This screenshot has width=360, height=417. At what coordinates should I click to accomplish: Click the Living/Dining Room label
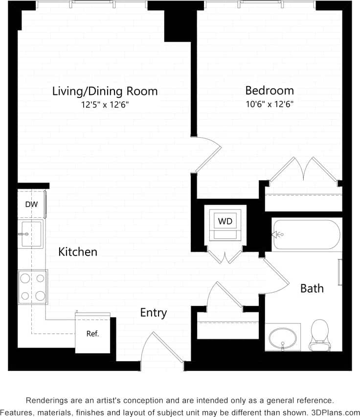[105, 91]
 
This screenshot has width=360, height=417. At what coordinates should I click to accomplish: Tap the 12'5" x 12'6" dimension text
[105, 104]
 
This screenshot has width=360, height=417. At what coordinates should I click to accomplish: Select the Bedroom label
[270, 91]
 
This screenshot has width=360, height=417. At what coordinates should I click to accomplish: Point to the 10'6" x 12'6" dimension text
[270, 104]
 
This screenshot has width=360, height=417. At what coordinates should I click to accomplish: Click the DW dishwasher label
[31, 204]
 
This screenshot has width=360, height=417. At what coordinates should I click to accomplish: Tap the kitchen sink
[31, 234]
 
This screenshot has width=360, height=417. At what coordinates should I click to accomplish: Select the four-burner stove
[33, 287]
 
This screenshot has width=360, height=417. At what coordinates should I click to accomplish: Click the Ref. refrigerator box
[92, 334]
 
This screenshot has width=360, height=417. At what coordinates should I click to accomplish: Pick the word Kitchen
[78, 252]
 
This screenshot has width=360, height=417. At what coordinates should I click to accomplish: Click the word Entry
[154, 313]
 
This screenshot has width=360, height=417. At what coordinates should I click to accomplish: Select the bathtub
[306, 234]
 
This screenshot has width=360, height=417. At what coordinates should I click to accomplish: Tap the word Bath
[312, 288]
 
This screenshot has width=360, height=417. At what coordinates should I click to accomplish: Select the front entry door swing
[157, 348]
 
